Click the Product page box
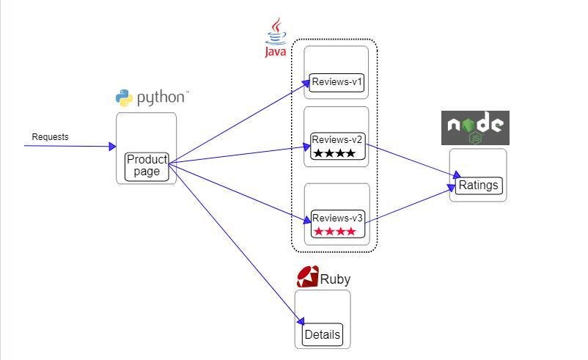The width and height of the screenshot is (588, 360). pos(147,166)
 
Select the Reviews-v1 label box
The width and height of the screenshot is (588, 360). pos(337,82)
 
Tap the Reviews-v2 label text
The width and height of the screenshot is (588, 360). pos(337,139)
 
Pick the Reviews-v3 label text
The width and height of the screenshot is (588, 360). pos(337,218)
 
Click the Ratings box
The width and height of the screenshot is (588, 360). pos(478,185)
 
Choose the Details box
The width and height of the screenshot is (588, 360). pos(322,335)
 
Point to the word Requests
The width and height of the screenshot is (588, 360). pos(50,137)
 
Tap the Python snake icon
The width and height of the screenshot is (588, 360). pos(124,98)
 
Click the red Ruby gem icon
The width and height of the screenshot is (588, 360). pos(306,276)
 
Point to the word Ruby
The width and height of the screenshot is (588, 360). pos(335,279)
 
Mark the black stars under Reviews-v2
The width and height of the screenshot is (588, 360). pos(334,153)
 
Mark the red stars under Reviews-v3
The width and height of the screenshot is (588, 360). pos(334,232)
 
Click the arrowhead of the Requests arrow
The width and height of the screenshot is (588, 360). pos(112,147)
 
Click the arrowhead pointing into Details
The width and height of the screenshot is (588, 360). pos(301,320)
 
